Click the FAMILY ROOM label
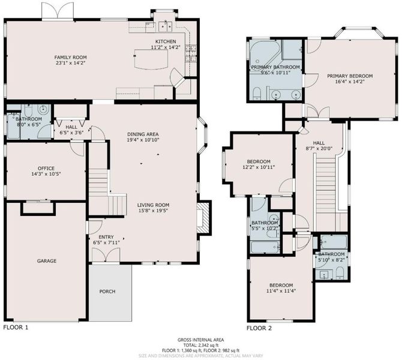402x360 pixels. (70, 58)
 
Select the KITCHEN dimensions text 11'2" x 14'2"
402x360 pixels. (166, 47)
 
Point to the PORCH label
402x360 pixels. (107, 292)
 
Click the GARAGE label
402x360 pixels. (47, 261)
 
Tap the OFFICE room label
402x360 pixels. (46, 169)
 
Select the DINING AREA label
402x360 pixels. (143, 134)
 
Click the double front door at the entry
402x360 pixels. (106, 256)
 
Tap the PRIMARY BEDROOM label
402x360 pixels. (350, 76)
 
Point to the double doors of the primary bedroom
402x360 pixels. (318, 112)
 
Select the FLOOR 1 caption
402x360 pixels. (16, 328)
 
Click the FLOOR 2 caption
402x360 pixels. (259, 328)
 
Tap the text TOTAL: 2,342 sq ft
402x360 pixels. (201, 345)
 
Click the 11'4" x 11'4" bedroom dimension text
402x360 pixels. (281, 291)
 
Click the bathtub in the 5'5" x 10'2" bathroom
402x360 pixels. (265, 247)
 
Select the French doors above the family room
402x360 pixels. (58, 11)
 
